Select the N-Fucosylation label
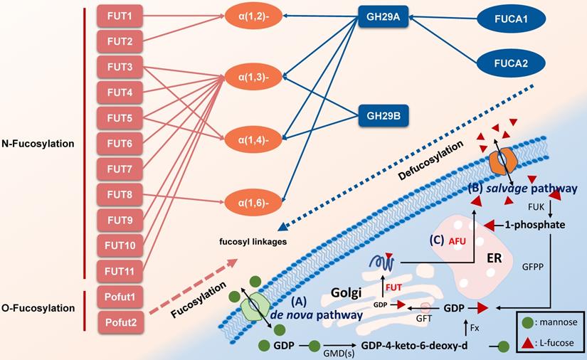pyautogui.click(x=43, y=144)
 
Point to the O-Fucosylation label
pyautogui.click(x=43, y=309)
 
